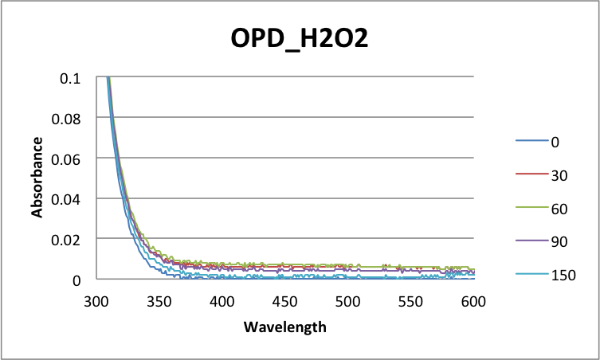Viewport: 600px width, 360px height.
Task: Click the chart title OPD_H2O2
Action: click(300, 39)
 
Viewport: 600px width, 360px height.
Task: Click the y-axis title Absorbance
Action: click(37, 177)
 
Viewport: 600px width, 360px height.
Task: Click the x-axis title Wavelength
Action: click(284, 327)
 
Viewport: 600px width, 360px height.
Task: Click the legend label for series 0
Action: click(555, 142)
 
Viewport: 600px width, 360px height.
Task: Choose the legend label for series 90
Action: click(559, 241)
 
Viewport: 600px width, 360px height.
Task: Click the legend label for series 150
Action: click(563, 275)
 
